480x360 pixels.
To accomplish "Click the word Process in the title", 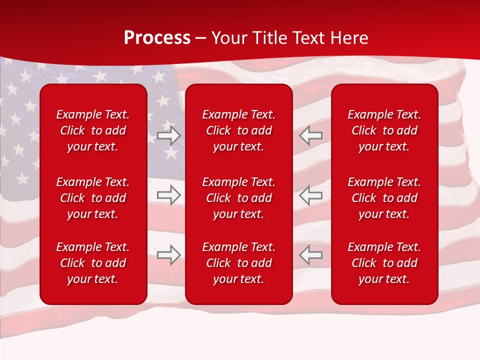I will click(157, 38).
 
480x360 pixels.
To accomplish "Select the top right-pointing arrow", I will click(168, 135).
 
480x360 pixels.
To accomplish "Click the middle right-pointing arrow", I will click(168, 195).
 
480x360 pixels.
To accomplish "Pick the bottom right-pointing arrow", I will click(168, 254).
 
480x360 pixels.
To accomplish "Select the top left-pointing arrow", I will click(311, 135).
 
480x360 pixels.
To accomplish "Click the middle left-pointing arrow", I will click(311, 195).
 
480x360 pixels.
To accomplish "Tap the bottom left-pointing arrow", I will click(311, 254).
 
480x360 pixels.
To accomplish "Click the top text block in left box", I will click(93, 130).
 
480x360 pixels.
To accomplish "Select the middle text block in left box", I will click(93, 198).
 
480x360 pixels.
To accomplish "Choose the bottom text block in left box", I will click(93, 263).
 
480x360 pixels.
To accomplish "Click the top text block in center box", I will click(239, 130).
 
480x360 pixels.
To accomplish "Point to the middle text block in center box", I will click(239, 198).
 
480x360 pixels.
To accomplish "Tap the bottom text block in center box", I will click(239, 263).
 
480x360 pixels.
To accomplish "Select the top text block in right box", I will click(384, 130).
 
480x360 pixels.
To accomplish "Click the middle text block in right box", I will click(384, 198).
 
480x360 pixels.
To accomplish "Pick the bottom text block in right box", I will click(384, 263).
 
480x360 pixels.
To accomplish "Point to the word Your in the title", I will click(229, 38).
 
